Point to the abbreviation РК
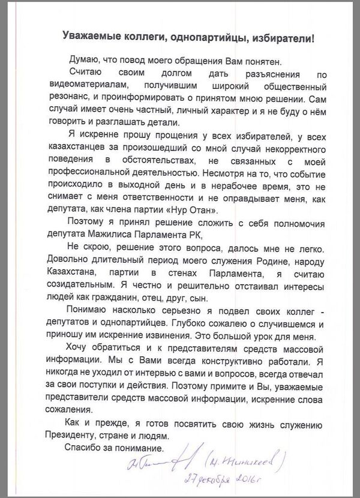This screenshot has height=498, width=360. coord(195,239)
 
